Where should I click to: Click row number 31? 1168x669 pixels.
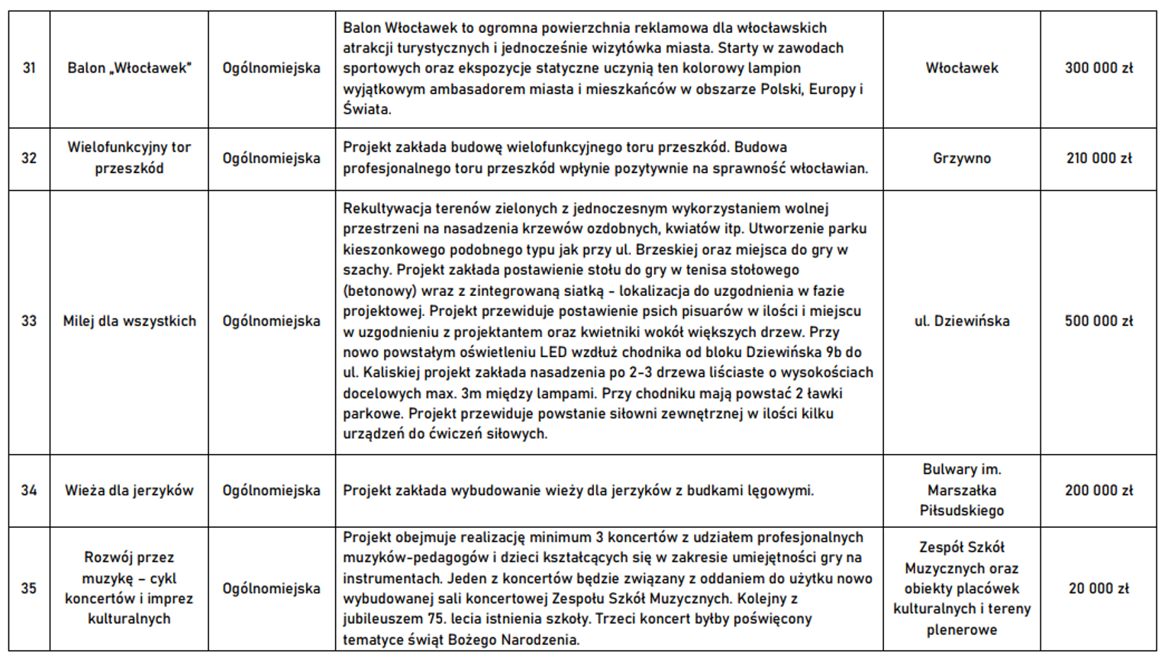point(29,68)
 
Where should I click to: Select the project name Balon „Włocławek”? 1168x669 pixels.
point(129,68)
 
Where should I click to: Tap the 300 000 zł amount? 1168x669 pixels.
point(1099,68)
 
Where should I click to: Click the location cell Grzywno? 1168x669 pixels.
point(961,159)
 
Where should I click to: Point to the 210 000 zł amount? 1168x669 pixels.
point(1099,159)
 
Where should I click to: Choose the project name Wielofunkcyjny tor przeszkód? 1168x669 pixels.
point(129,158)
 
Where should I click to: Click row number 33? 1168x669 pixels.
point(29,321)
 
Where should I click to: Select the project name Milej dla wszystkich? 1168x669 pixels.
point(129,321)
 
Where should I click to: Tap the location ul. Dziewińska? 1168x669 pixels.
point(961,321)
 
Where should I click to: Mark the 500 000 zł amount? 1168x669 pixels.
point(1099,321)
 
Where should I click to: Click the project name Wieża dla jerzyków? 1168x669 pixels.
point(129,490)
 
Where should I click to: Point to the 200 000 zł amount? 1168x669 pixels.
point(1099,490)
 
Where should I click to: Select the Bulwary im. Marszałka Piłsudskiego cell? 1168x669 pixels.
point(961,490)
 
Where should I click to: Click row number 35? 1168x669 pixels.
point(29,589)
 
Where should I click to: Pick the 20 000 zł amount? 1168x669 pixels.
point(1099,589)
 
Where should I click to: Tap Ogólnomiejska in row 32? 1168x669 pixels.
point(271,159)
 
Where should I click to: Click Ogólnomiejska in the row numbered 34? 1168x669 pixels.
point(271,490)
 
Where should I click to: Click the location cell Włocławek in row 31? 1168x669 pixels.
point(961,68)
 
